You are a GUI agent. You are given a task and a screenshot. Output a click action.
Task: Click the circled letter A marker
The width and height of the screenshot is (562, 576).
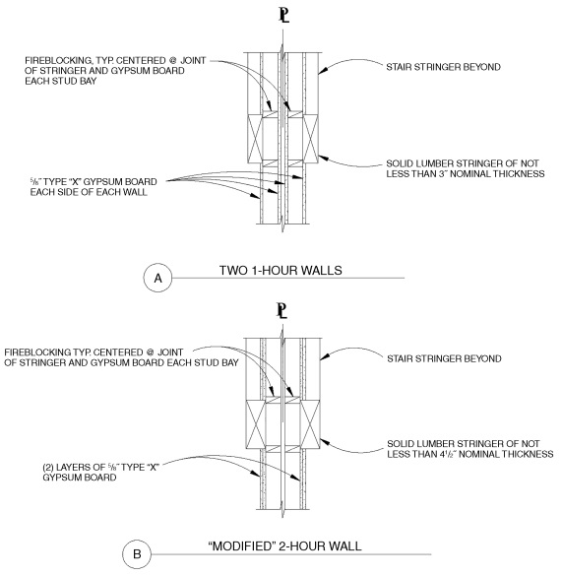pyautogui.click(x=156, y=279)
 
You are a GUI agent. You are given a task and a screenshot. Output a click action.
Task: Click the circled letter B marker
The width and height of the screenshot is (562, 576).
pyautogui.click(x=138, y=551)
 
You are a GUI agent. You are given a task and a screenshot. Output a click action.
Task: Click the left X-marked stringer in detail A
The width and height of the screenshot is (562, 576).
pyautogui.click(x=261, y=136)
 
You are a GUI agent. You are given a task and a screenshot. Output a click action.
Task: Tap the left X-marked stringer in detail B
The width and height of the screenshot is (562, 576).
pyautogui.click(x=259, y=420)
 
